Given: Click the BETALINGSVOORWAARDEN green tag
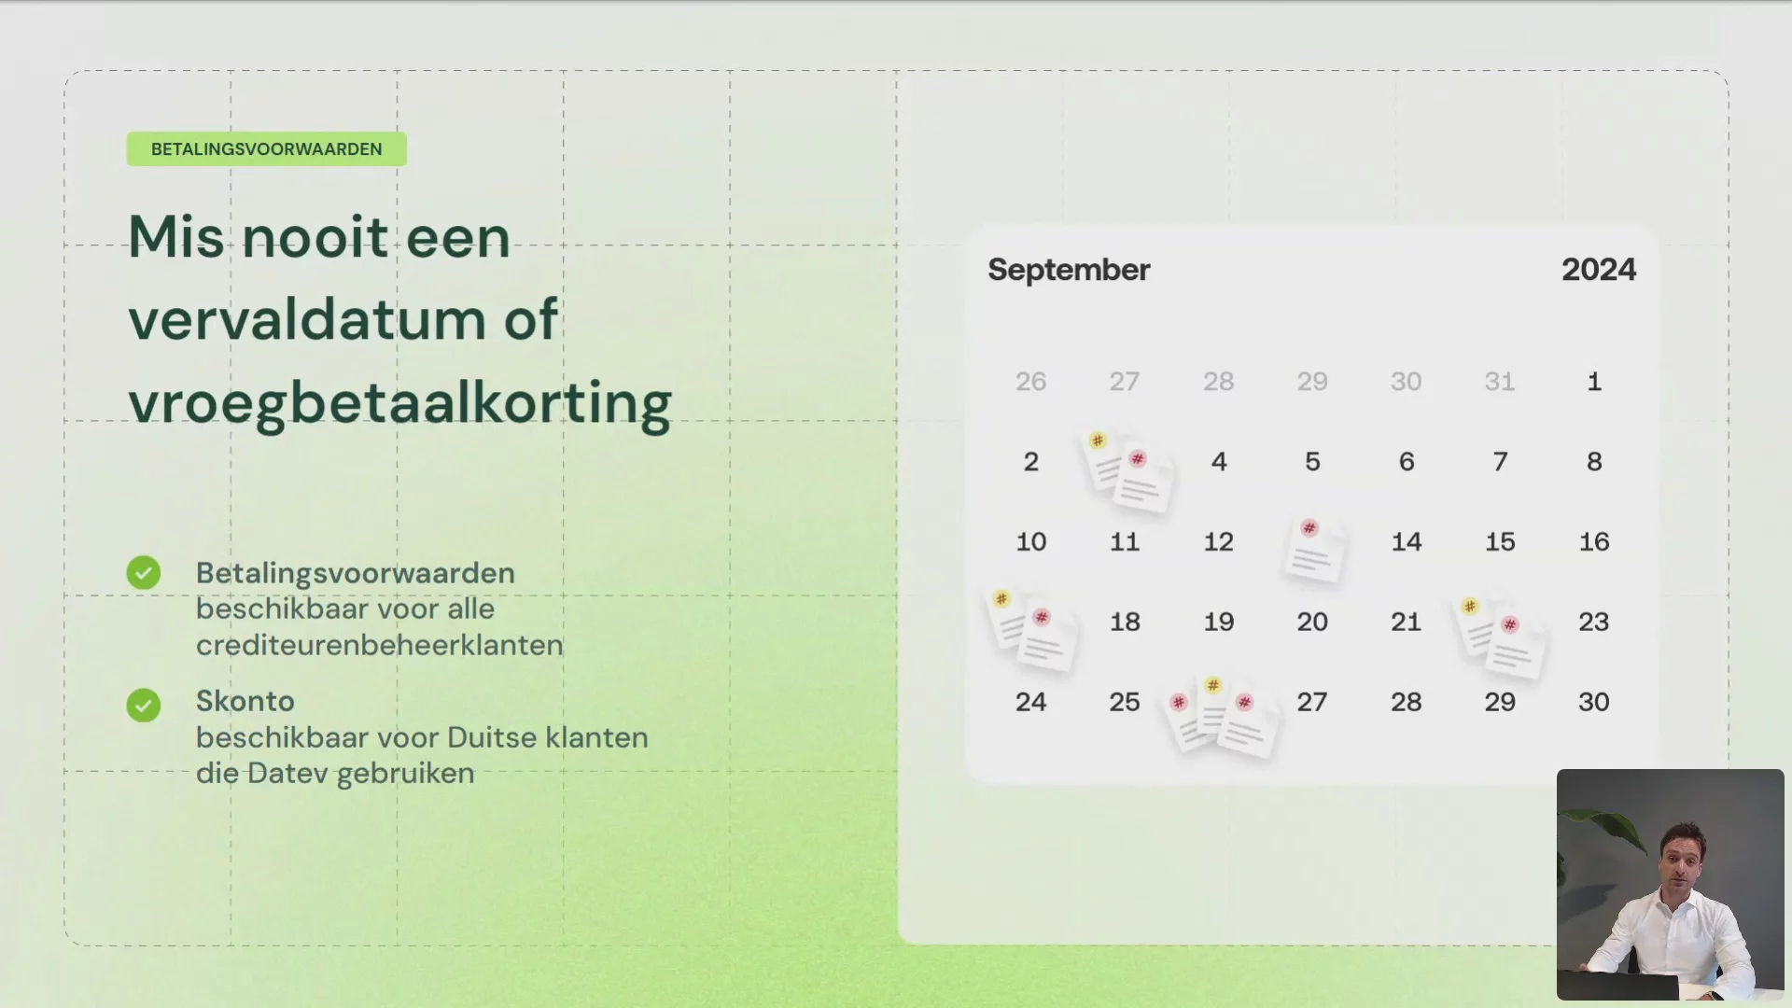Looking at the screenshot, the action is [266, 149].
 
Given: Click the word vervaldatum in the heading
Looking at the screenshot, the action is [307, 319].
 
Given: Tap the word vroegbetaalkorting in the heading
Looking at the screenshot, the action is [399, 404].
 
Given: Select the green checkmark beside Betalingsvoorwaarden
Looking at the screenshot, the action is [144, 573].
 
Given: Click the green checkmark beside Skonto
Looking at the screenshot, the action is [144, 705].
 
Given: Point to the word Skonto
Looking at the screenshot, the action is [245, 701].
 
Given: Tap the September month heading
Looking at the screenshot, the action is [1069, 270].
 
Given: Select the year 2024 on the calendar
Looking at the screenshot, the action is [1599, 270].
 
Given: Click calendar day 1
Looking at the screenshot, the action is [1594, 382].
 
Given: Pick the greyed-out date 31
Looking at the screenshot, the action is [1500, 382].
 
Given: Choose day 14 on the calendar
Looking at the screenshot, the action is [1407, 542].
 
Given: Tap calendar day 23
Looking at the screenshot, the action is [1594, 623].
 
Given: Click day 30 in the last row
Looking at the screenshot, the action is [1594, 703].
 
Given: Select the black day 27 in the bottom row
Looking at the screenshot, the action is [1312, 703].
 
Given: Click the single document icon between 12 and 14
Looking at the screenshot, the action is [1314, 551].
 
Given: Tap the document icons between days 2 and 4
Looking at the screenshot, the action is [1127, 471].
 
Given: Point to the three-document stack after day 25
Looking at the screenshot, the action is [1220, 717].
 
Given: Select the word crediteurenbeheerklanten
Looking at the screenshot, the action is [380, 645].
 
